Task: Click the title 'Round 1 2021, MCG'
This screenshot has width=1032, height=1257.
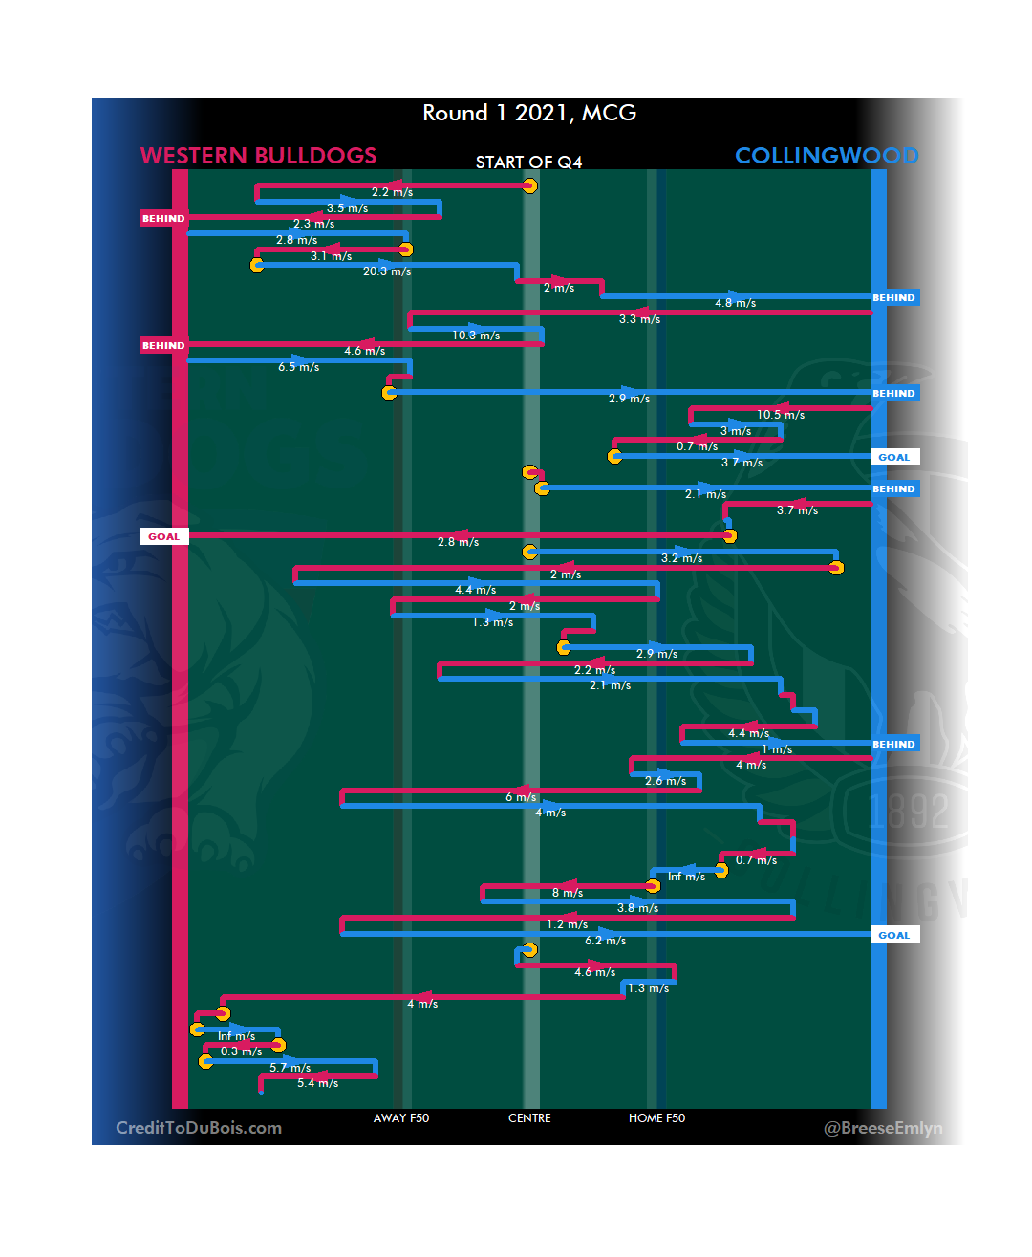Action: click(529, 113)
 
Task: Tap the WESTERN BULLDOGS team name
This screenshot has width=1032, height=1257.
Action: click(258, 155)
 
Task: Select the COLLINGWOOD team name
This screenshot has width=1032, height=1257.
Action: click(827, 155)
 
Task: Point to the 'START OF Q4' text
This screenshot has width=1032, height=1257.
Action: click(528, 163)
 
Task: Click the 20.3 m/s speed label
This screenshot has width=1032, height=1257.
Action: click(387, 271)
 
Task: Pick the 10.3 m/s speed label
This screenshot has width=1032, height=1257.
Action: click(476, 336)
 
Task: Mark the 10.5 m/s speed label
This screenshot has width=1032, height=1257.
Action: click(781, 415)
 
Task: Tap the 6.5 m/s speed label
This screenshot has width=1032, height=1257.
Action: click(299, 367)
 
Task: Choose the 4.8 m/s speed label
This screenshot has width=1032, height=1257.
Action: click(736, 303)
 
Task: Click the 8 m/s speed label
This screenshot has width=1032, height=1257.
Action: click(568, 893)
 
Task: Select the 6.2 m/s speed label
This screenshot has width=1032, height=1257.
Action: click(606, 941)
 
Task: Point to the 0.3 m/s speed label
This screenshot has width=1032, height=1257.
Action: click(241, 1051)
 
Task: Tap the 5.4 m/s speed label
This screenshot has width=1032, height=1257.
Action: click(317, 1083)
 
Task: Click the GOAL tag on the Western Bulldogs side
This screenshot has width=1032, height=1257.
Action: click(163, 536)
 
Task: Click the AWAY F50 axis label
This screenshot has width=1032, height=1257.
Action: click(401, 1118)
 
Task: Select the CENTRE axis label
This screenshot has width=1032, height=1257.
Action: click(529, 1118)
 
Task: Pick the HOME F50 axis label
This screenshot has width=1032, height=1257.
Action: click(656, 1118)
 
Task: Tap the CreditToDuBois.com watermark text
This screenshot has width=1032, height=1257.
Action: click(199, 1128)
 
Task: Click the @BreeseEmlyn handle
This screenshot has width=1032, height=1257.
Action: click(883, 1128)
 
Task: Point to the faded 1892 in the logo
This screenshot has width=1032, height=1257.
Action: click(910, 811)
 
